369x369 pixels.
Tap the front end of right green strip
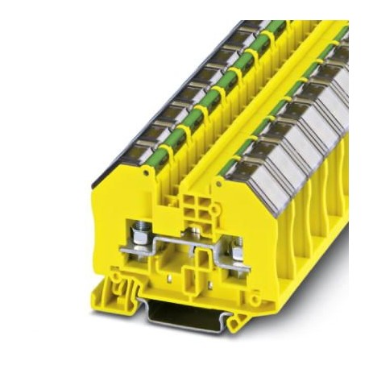229,165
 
